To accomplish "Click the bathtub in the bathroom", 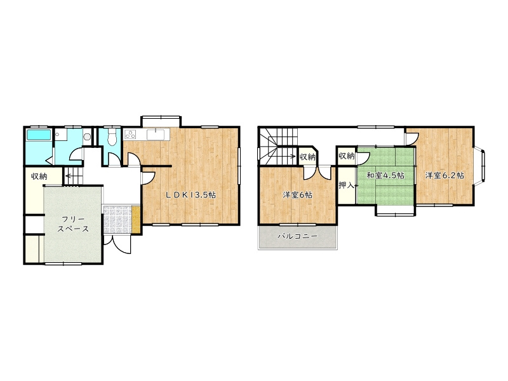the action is [x=39, y=135].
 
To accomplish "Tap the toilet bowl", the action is [x=112, y=138].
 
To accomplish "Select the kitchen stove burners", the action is [x=130, y=134].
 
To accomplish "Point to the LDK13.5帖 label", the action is [x=190, y=195].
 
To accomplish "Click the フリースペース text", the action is [x=73, y=224].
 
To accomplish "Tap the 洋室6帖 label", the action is [x=297, y=195].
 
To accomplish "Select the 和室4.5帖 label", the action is [x=385, y=176].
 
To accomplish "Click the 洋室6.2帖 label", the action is [x=444, y=175].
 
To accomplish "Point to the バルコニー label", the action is [x=297, y=236].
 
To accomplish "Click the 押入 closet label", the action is [x=346, y=185].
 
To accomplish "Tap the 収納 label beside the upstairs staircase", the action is [x=307, y=157].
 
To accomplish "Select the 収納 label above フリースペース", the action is [x=39, y=177].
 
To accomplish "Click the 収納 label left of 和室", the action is [x=346, y=156].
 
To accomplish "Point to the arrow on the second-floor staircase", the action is [x=284, y=156].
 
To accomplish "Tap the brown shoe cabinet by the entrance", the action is [x=136, y=219].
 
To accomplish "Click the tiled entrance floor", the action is [x=117, y=219].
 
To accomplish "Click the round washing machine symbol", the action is [x=87, y=137].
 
